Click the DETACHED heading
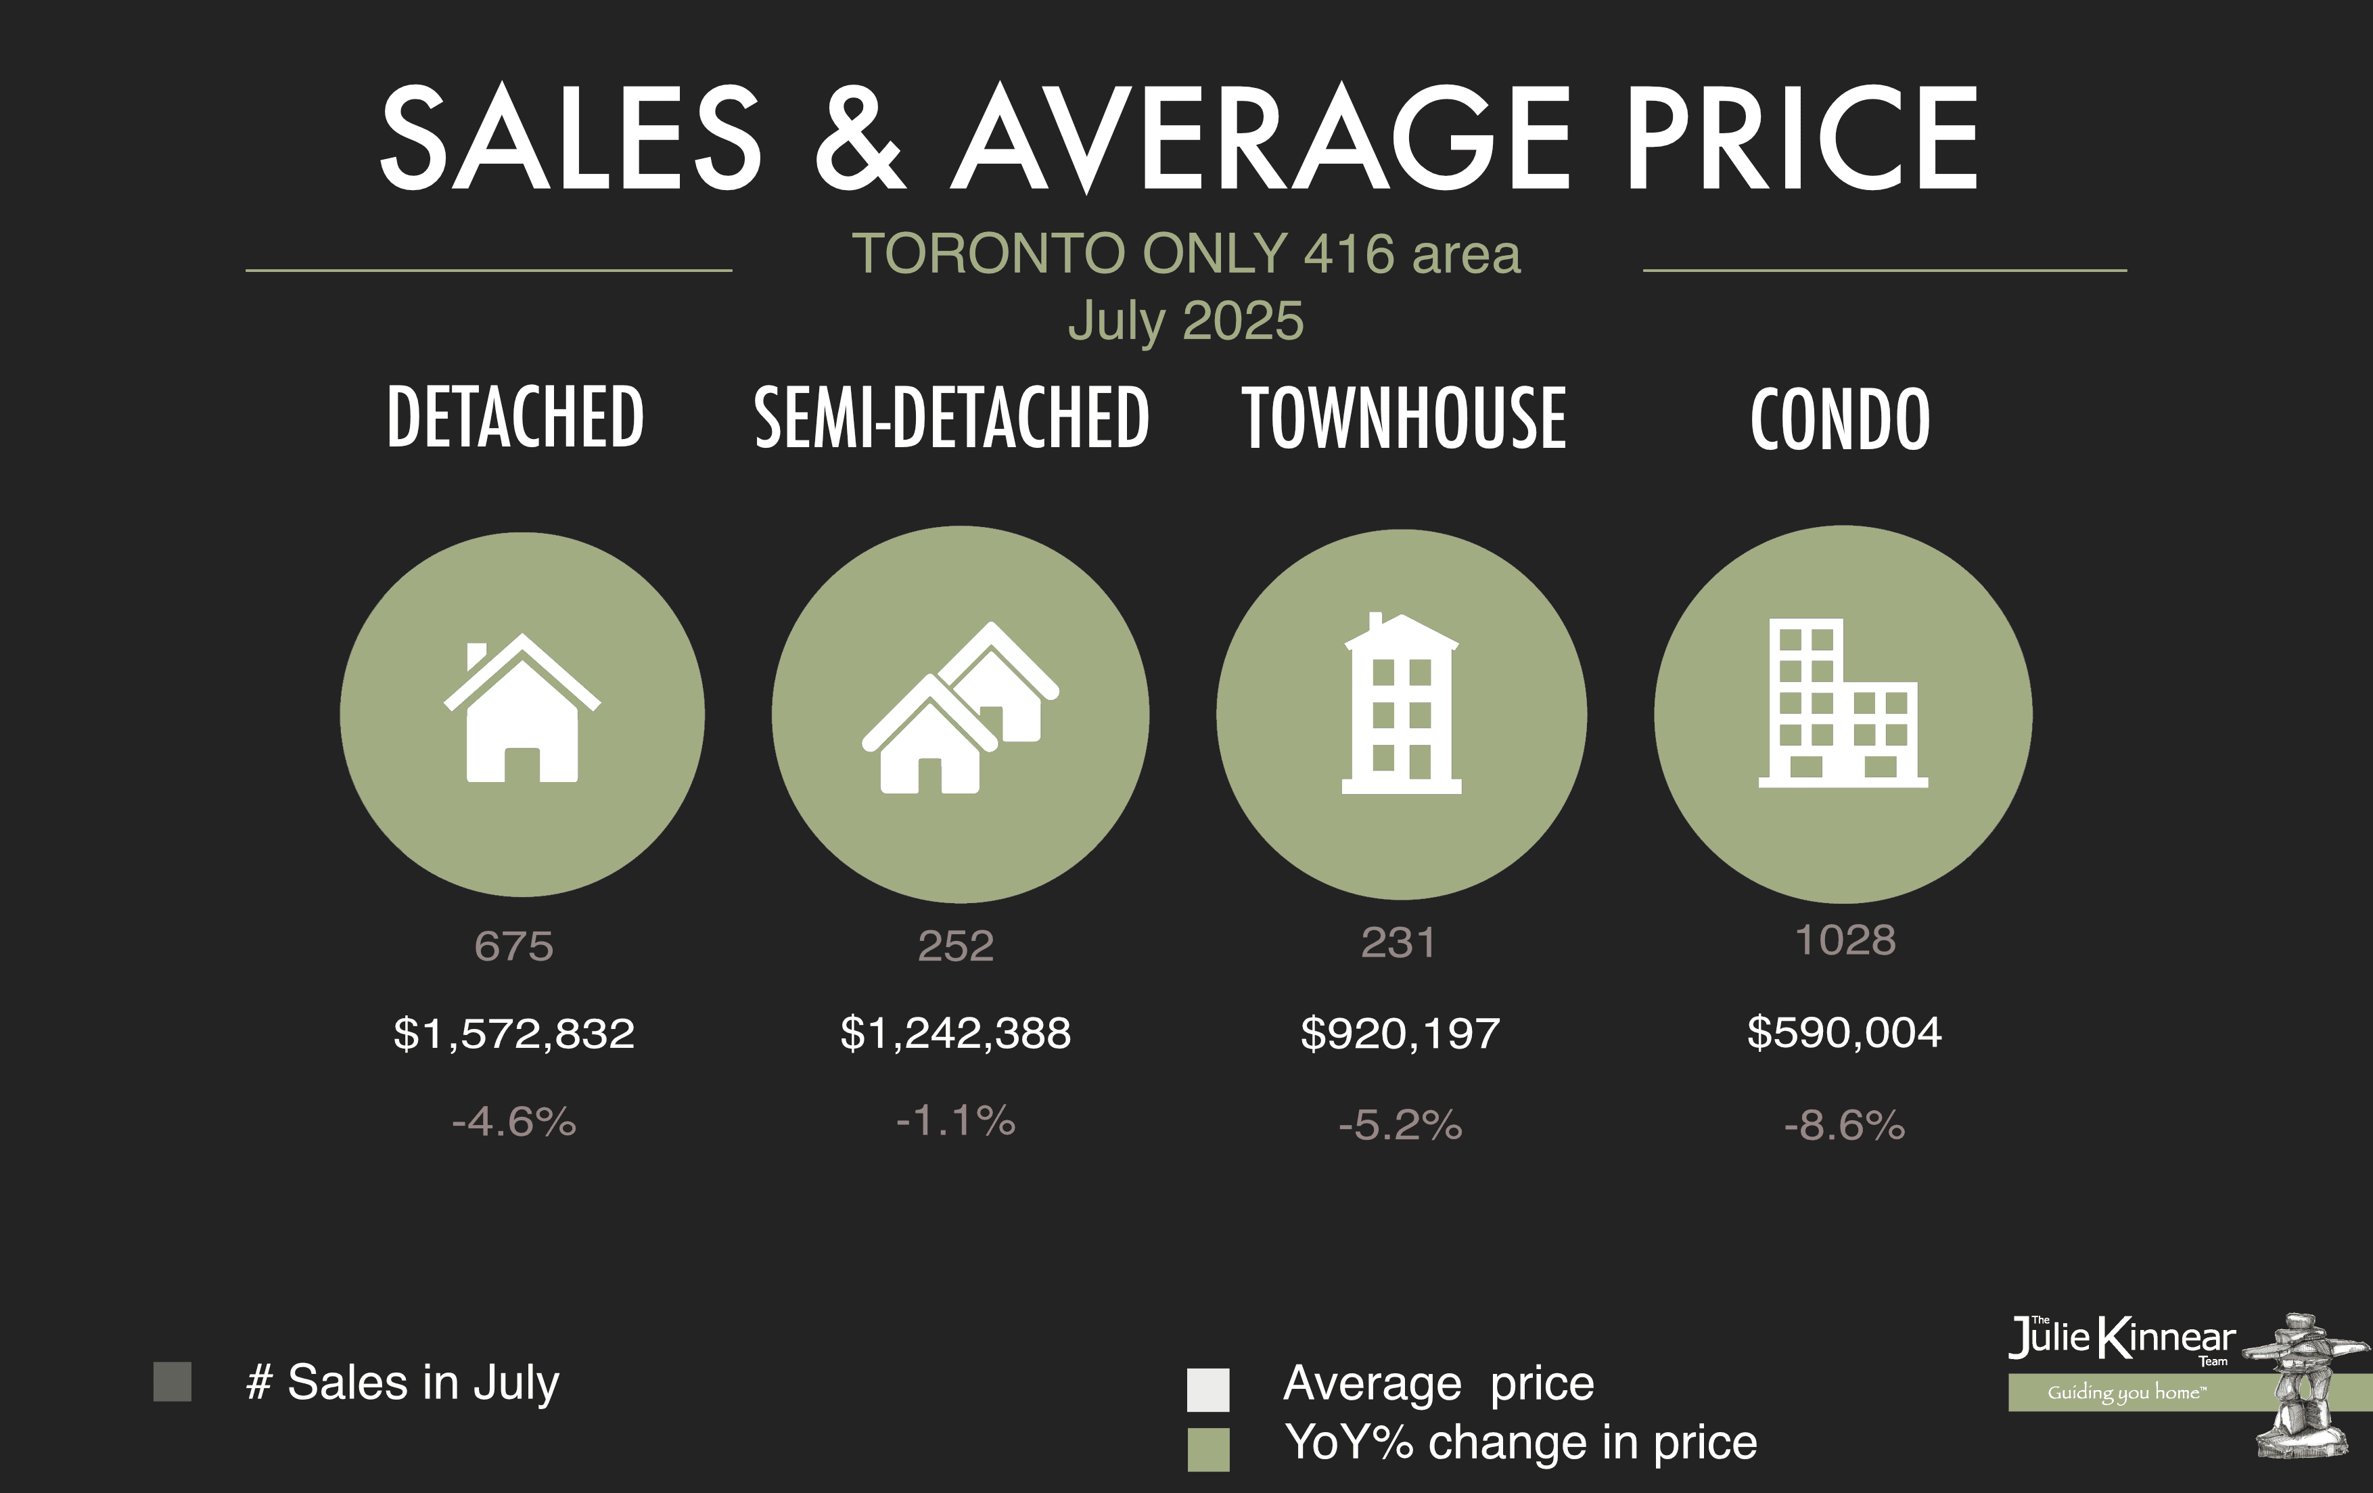[x=515, y=418]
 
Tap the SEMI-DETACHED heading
[x=952, y=418]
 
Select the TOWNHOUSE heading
[x=1403, y=418]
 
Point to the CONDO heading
[x=1840, y=419]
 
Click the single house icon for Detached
[x=522, y=710]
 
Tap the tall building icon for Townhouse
[x=1402, y=705]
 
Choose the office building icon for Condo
[x=1843, y=704]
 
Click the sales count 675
[x=513, y=946]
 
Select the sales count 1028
[x=1845, y=940]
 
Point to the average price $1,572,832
[x=513, y=1034]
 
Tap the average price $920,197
[x=1400, y=1034]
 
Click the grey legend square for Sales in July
[x=172, y=1381]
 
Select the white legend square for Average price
[x=1208, y=1389]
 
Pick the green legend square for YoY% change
[x=1208, y=1450]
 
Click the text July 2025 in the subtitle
[x=1186, y=321]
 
